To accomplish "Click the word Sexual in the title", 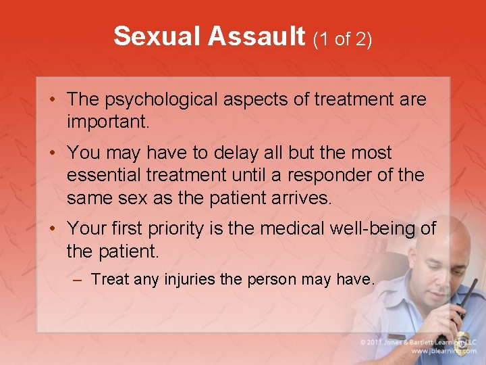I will click(x=157, y=36).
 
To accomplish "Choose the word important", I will click(x=107, y=122).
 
